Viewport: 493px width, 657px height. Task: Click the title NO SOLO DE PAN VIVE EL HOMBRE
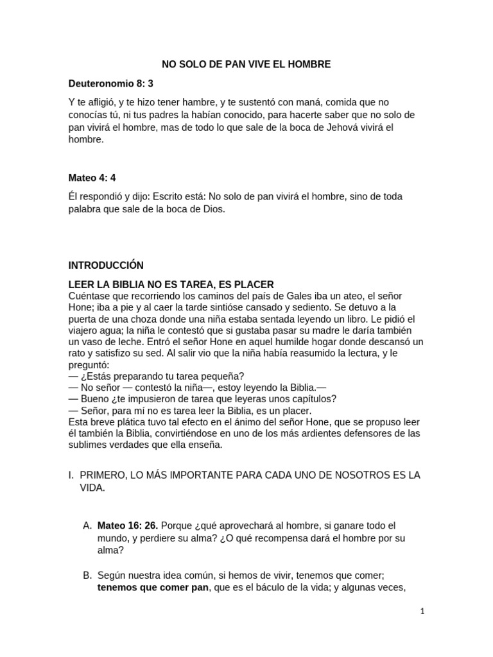tap(246, 65)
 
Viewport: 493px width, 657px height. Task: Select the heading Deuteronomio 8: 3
tap(110, 84)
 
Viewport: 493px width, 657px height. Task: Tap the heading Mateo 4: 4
tap(92, 178)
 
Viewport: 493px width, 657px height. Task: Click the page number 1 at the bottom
tap(422, 611)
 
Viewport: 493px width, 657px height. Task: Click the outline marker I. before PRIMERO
tap(71, 475)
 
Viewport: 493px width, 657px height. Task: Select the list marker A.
tap(88, 525)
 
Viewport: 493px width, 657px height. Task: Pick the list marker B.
tap(88, 576)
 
